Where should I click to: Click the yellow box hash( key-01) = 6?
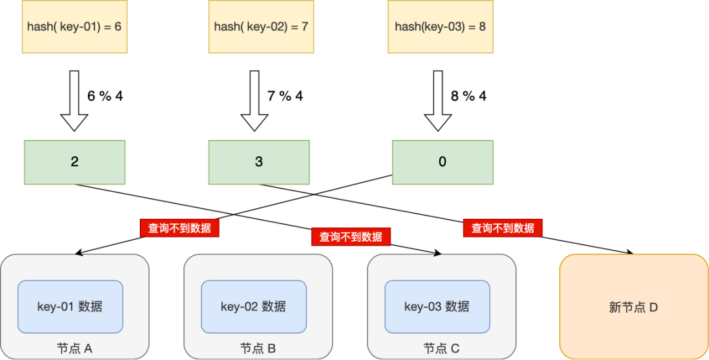pyautogui.click(x=74, y=27)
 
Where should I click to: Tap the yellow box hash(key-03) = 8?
pyautogui.click(x=440, y=27)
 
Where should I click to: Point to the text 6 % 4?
pyautogui.click(x=105, y=97)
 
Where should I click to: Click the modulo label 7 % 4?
pyautogui.click(x=285, y=97)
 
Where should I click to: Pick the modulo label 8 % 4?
pyautogui.click(x=469, y=97)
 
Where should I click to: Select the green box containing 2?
pyautogui.click(x=74, y=162)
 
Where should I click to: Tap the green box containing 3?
pyautogui.click(x=259, y=162)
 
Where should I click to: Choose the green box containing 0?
pyautogui.click(x=442, y=162)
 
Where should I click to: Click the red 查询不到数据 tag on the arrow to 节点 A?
pyautogui.click(x=179, y=228)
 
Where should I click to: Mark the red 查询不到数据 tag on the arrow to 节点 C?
pyautogui.click(x=351, y=236)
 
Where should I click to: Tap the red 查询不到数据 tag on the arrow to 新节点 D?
pyautogui.click(x=503, y=228)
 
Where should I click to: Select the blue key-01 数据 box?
pyautogui.click(x=70, y=307)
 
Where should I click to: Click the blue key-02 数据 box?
pyautogui.click(x=253, y=307)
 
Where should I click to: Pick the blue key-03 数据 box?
pyautogui.click(x=437, y=307)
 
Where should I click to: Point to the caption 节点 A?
pyautogui.click(x=74, y=348)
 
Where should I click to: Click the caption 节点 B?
pyautogui.click(x=258, y=348)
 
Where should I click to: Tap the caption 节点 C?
pyautogui.click(x=441, y=348)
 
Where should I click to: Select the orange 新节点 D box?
pyautogui.click(x=634, y=307)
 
